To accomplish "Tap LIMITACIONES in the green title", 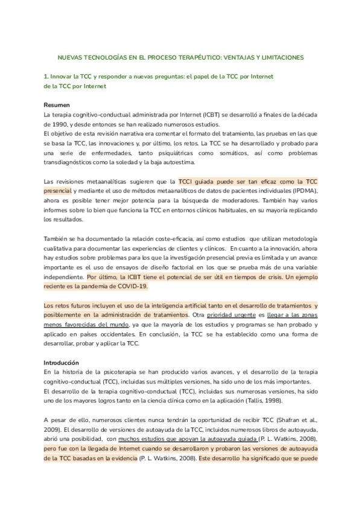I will tap(278, 58).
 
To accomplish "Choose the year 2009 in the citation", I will tap(52, 428).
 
